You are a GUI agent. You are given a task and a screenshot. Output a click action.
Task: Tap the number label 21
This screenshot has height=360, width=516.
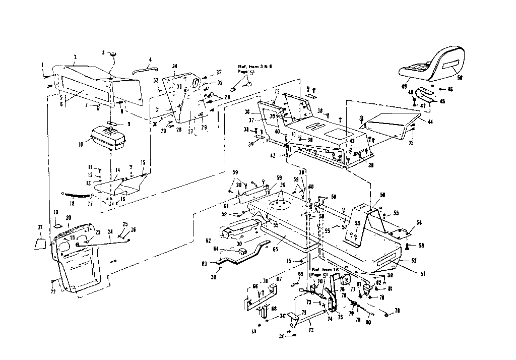pos(41,227)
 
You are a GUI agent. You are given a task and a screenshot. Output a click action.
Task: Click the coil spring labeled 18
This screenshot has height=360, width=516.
pos(76,195)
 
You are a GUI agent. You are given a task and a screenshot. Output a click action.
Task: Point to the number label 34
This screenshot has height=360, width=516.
pos(174,66)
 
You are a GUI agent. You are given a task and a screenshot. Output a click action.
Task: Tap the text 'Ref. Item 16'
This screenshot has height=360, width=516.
pos(327,270)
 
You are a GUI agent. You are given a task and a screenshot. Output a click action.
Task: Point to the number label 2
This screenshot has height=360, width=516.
pos(75,57)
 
